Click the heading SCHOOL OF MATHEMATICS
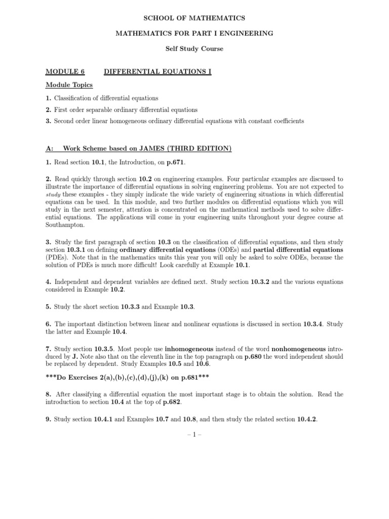(194, 18)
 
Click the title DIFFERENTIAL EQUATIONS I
(158, 72)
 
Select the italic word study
(53, 194)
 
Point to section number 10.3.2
(263, 282)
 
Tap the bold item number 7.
(48, 349)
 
